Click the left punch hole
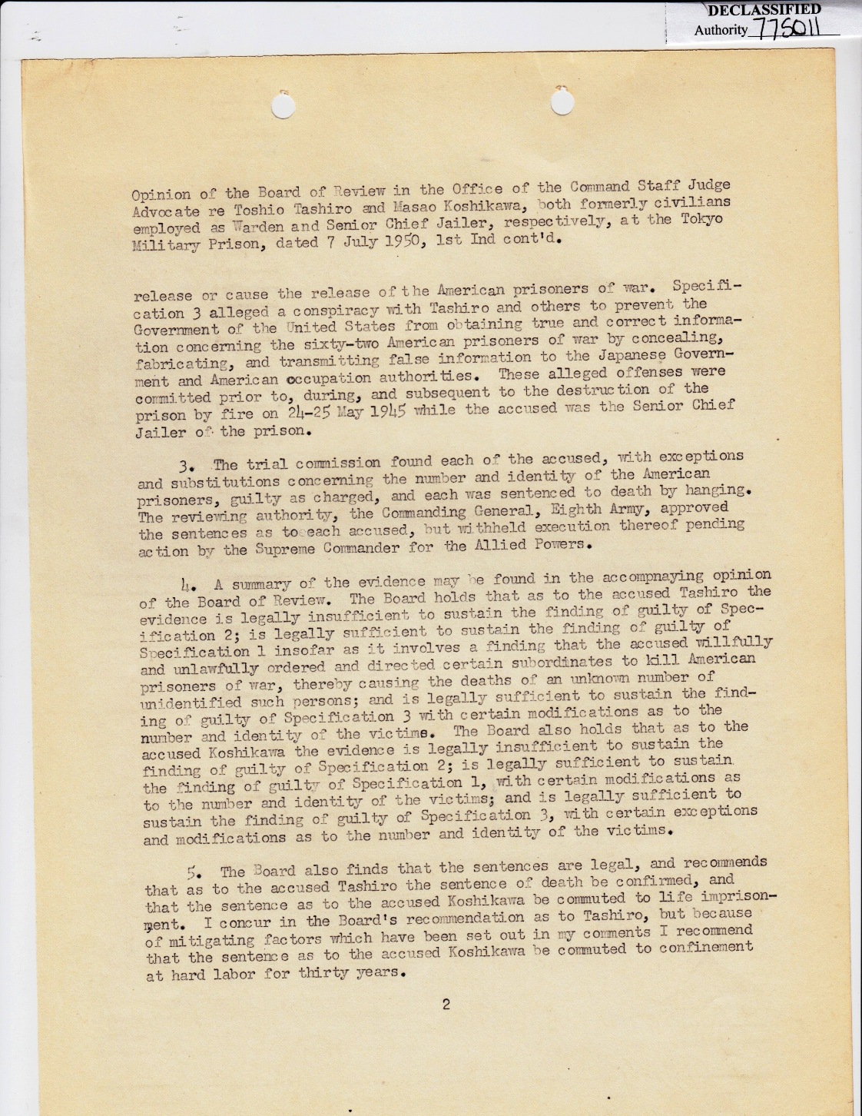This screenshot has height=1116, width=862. pyautogui.click(x=283, y=105)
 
